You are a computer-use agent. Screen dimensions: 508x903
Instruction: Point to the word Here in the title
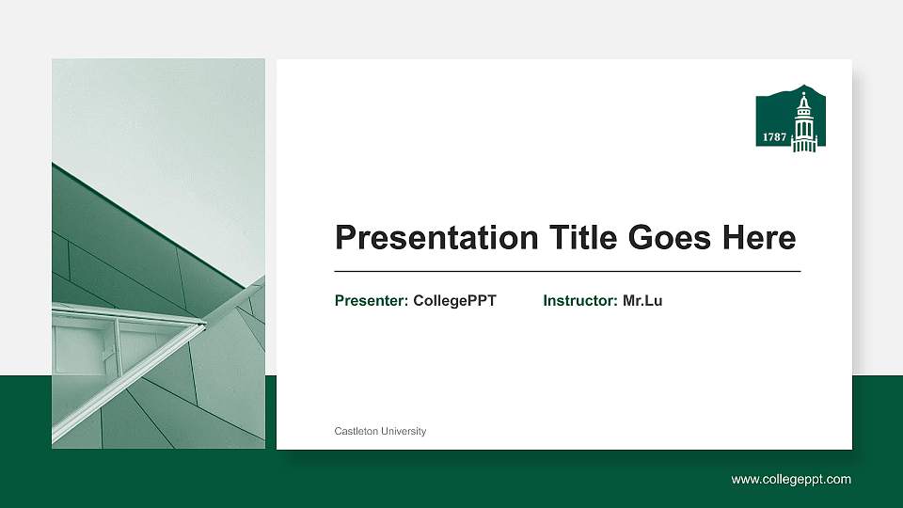point(759,238)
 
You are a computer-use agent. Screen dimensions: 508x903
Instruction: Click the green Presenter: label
point(372,301)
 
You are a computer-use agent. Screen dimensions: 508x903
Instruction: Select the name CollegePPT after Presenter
point(454,301)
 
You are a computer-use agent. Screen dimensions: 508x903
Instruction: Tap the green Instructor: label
point(580,301)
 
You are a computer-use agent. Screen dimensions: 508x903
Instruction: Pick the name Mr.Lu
point(642,301)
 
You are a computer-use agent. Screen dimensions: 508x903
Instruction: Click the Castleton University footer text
point(380,431)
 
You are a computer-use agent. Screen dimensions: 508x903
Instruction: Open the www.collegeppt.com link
point(791,480)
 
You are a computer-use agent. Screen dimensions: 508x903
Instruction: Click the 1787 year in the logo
point(774,137)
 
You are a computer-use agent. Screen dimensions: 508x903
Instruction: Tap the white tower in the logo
point(803,127)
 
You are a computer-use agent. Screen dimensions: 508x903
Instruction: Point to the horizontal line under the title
point(567,271)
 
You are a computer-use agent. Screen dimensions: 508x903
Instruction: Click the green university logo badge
point(787,121)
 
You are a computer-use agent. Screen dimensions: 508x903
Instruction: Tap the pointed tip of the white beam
point(204,324)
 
